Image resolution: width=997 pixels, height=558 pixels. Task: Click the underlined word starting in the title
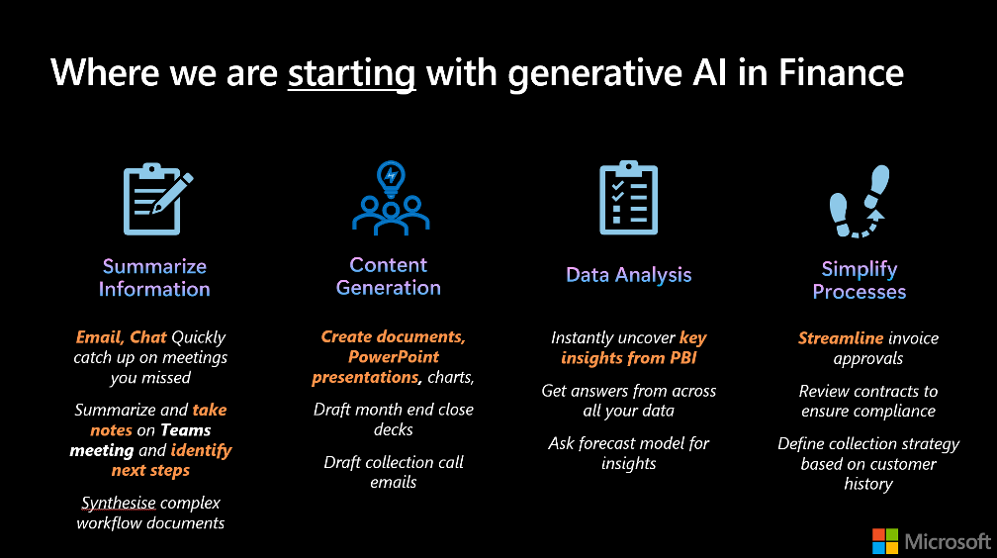pyautogui.click(x=352, y=73)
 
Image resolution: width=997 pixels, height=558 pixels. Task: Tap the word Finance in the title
pyautogui.click(x=841, y=71)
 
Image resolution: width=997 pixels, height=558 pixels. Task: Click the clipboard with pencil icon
pyautogui.click(x=157, y=199)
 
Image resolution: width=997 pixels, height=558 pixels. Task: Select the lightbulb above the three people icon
pyautogui.click(x=391, y=177)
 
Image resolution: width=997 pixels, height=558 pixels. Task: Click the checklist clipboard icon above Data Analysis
pyautogui.click(x=628, y=198)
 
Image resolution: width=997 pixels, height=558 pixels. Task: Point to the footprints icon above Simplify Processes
pyautogui.click(x=860, y=202)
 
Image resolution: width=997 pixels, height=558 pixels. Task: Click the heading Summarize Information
pyautogui.click(x=154, y=277)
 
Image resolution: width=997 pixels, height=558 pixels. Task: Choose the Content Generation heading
pyautogui.click(x=389, y=276)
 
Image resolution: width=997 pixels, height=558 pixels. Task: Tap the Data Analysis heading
pyautogui.click(x=629, y=275)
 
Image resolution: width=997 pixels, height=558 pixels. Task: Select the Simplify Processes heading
pyautogui.click(x=859, y=280)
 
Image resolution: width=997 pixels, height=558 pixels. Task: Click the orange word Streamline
pyautogui.click(x=841, y=337)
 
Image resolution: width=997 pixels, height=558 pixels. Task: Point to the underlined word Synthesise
pyautogui.click(x=119, y=503)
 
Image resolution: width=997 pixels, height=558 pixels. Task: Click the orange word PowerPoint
pyautogui.click(x=394, y=357)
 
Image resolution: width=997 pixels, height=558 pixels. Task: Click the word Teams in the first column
pyautogui.click(x=185, y=430)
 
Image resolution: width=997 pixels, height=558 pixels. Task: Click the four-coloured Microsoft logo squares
pyautogui.click(x=885, y=541)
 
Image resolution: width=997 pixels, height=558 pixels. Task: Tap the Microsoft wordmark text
pyautogui.click(x=948, y=541)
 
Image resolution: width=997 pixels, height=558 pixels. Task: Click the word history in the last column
pyautogui.click(x=868, y=484)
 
